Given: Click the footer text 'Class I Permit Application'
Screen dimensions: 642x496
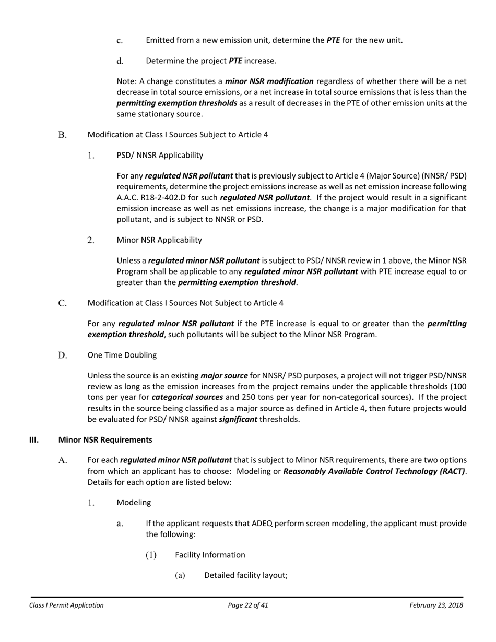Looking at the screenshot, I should click(x=66, y=605).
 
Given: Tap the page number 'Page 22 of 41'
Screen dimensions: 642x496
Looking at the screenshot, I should click(x=248, y=605).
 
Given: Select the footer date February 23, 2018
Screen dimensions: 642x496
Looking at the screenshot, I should click(x=436, y=605).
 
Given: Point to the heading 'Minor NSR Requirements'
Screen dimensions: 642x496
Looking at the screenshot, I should click(x=105, y=439).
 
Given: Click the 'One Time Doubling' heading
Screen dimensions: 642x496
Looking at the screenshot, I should click(x=122, y=355).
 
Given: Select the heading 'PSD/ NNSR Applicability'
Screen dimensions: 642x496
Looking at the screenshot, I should click(x=160, y=155).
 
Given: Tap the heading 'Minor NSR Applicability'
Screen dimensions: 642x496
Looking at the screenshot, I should click(x=159, y=240).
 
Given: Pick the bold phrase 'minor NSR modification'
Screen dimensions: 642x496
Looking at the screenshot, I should click(x=269, y=81).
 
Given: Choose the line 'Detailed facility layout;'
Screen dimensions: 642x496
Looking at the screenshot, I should click(x=246, y=576).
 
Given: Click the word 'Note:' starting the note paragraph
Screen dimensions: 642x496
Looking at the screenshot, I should click(x=126, y=81).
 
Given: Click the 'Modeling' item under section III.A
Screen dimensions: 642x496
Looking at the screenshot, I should click(x=134, y=503).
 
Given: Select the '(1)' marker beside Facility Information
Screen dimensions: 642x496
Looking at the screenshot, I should click(x=151, y=555).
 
